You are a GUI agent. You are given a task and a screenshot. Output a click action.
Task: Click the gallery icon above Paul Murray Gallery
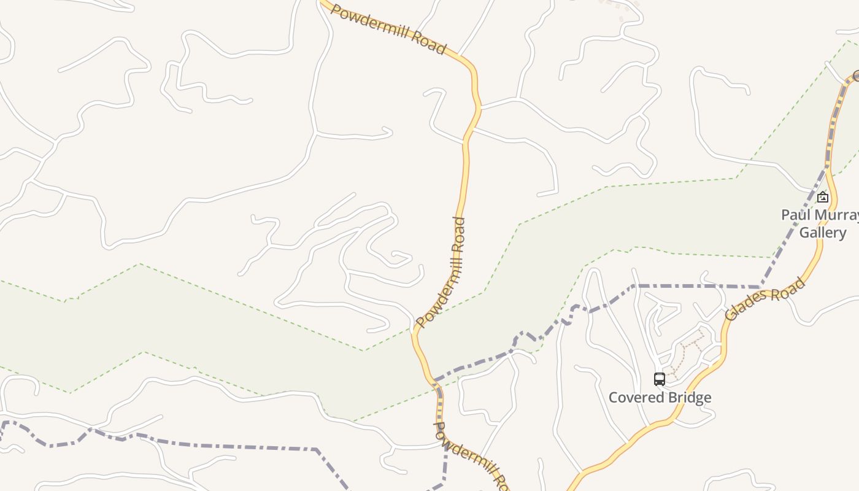tap(823, 197)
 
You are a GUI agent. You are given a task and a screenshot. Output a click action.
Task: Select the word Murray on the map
tap(837, 215)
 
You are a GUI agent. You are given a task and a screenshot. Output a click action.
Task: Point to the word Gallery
tap(822, 233)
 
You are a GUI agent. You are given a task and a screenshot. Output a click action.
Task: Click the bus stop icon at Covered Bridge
tap(660, 379)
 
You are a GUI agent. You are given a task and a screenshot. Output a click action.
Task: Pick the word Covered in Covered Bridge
tap(634, 398)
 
